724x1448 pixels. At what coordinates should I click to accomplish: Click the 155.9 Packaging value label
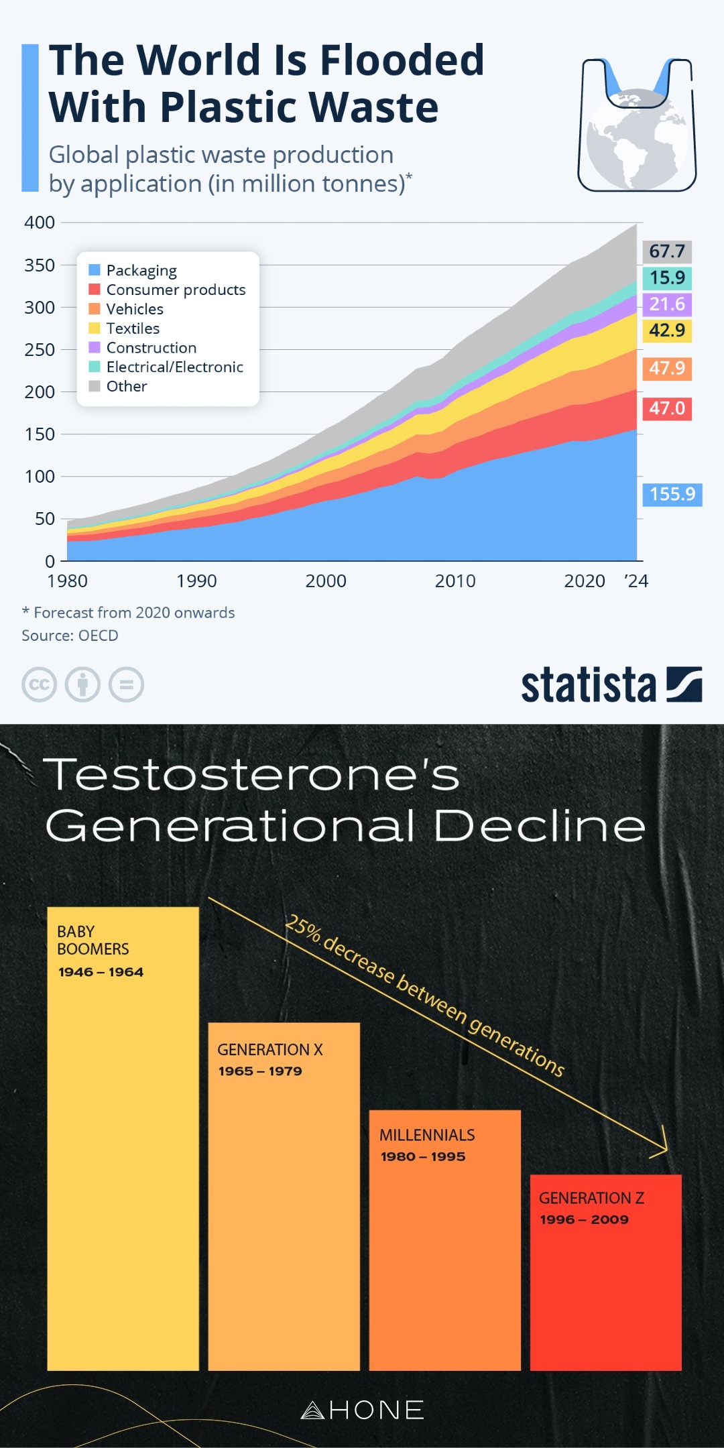(x=672, y=494)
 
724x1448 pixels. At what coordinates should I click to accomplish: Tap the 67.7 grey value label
(x=667, y=251)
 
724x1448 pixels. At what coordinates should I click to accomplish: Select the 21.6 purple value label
(x=667, y=304)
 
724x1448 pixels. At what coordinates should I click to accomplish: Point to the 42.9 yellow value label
(x=667, y=330)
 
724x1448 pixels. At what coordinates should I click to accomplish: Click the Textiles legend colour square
(x=95, y=328)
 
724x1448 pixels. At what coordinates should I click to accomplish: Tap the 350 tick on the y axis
(x=40, y=265)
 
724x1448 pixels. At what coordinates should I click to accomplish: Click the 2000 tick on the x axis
(x=326, y=581)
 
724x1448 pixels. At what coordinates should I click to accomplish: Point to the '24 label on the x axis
(x=636, y=581)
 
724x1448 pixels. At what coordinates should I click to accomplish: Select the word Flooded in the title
(x=402, y=60)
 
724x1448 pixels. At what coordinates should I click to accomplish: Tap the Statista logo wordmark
(x=589, y=685)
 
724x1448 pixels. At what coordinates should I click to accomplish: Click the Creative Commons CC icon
(x=40, y=685)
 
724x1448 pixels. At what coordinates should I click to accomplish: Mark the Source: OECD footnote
(x=70, y=636)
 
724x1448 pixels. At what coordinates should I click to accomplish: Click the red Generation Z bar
(x=605, y=1287)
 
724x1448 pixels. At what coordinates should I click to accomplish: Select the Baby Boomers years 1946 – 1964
(x=101, y=972)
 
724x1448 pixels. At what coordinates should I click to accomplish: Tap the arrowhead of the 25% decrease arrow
(x=664, y=1148)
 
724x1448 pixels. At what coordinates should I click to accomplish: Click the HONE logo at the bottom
(x=363, y=1410)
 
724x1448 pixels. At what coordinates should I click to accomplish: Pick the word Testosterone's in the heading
(x=252, y=776)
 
